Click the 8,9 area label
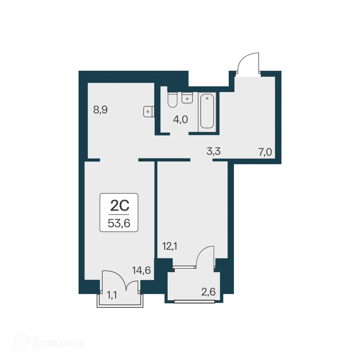click(100, 110)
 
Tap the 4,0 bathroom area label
click(180, 119)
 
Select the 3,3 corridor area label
click(214, 151)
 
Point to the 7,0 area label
click(265, 151)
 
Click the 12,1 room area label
click(170, 246)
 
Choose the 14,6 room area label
click(141, 270)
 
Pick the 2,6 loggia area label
click(208, 292)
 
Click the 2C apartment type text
click(119, 206)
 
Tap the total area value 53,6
click(119, 224)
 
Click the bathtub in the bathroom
click(207, 111)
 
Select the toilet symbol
click(172, 100)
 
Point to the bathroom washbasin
click(187, 97)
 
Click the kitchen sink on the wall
click(148, 111)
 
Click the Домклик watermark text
click(58, 343)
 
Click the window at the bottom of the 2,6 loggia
click(194, 302)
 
